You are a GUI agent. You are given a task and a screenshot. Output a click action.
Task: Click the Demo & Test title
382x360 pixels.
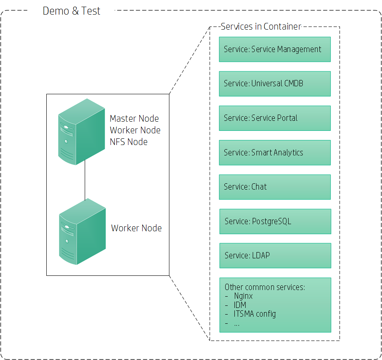click(71, 11)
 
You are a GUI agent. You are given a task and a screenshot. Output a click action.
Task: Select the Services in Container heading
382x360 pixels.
click(261, 27)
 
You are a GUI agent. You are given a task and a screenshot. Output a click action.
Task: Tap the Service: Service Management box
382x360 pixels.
click(274, 49)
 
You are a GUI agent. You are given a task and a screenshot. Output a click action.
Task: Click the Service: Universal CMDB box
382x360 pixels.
click(274, 84)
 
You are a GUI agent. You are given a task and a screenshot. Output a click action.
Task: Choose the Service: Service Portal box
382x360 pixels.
click(274, 118)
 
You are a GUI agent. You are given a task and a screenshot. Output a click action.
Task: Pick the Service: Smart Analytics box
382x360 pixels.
click(274, 152)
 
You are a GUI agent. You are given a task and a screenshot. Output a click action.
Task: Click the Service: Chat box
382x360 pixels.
click(274, 187)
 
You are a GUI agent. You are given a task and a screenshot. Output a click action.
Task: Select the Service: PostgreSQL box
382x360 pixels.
click(275, 221)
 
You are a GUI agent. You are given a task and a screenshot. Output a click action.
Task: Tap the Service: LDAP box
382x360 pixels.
click(275, 255)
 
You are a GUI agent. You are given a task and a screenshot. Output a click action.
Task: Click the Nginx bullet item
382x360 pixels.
click(243, 296)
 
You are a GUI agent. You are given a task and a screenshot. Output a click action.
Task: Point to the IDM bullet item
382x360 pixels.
click(240, 305)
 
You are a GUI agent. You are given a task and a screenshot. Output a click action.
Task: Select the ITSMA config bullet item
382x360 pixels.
click(254, 314)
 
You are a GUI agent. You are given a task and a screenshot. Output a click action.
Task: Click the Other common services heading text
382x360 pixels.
click(264, 287)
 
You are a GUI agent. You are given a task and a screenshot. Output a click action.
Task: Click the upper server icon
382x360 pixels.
click(81, 131)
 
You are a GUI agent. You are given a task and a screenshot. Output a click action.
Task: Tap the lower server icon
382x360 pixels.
click(82, 231)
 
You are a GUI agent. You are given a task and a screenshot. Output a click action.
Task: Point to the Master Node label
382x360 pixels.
click(134, 119)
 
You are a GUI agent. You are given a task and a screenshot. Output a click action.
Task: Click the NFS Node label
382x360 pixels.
click(128, 142)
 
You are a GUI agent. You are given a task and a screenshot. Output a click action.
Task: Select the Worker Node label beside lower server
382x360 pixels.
click(136, 228)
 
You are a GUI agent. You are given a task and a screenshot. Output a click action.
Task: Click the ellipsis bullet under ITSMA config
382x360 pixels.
click(236, 323)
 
